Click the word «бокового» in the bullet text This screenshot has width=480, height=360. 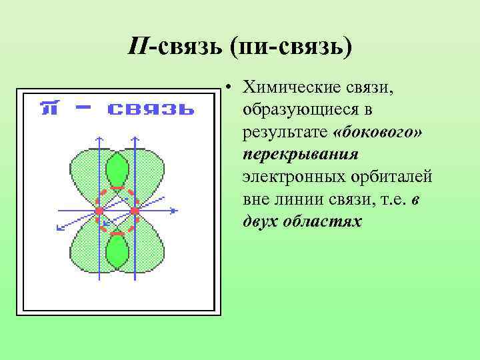[x=380, y=132]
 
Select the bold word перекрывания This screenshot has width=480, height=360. [x=301, y=154]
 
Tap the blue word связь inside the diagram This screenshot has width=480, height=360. [x=151, y=108]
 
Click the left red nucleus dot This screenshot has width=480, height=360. [x=99, y=211]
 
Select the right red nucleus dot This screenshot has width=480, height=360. [x=135, y=211]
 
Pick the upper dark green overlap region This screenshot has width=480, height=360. [x=117, y=171]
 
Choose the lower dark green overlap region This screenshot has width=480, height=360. [x=117, y=251]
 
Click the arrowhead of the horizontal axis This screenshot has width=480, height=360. [x=175, y=211]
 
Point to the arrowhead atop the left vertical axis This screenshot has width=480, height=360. [x=99, y=139]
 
